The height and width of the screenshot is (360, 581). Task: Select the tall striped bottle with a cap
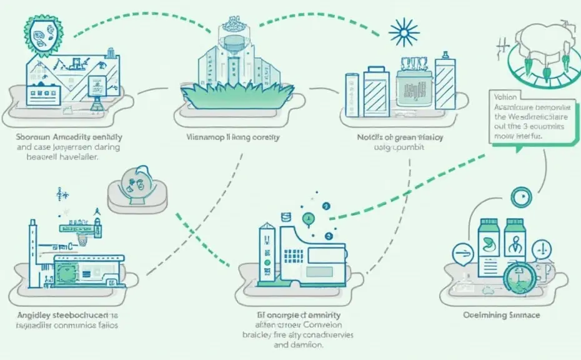[445, 86]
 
